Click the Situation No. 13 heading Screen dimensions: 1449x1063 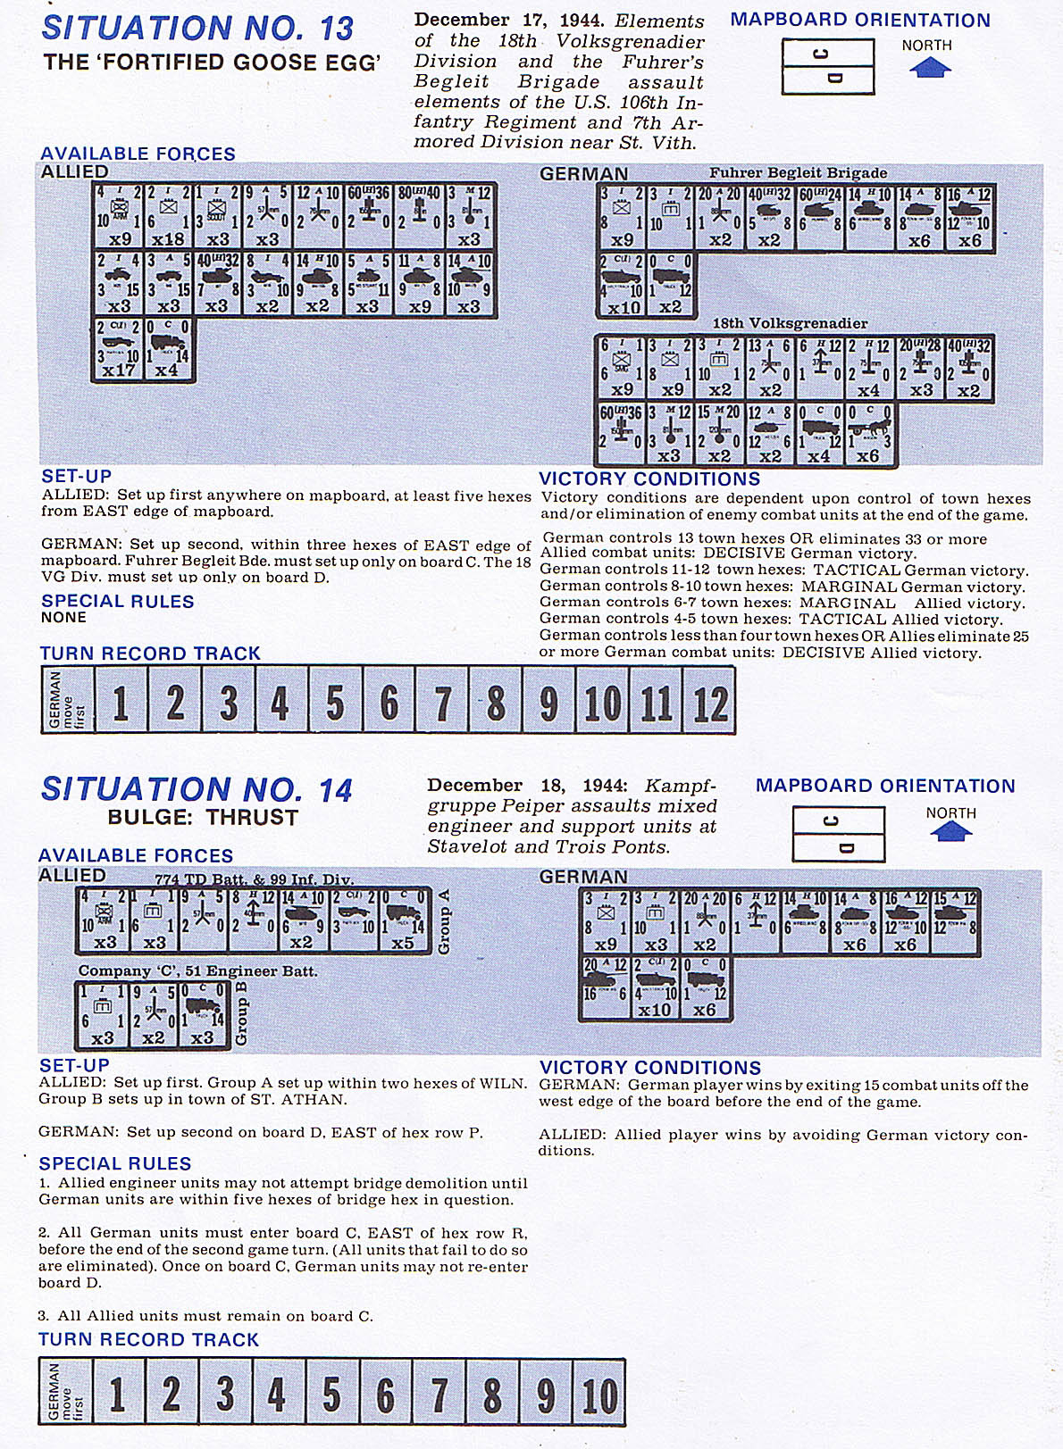[197, 29]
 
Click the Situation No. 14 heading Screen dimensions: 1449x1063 [197, 790]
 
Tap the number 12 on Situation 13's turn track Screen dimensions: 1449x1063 [710, 704]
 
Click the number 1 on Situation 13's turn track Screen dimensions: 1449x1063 [121, 704]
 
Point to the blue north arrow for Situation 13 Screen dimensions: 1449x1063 [929, 68]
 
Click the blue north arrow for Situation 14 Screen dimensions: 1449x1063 [950, 832]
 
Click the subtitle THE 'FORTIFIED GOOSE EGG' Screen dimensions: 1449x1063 [213, 62]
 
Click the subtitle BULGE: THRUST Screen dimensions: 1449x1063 [203, 818]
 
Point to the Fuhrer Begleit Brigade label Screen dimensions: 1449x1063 [798, 173]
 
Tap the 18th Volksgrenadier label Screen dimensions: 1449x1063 [790, 323]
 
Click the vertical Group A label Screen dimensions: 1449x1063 [444, 921]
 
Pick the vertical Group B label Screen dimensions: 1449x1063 [241, 1013]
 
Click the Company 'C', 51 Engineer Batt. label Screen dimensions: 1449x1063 [197, 971]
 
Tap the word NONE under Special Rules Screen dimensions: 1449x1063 [63, 618]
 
